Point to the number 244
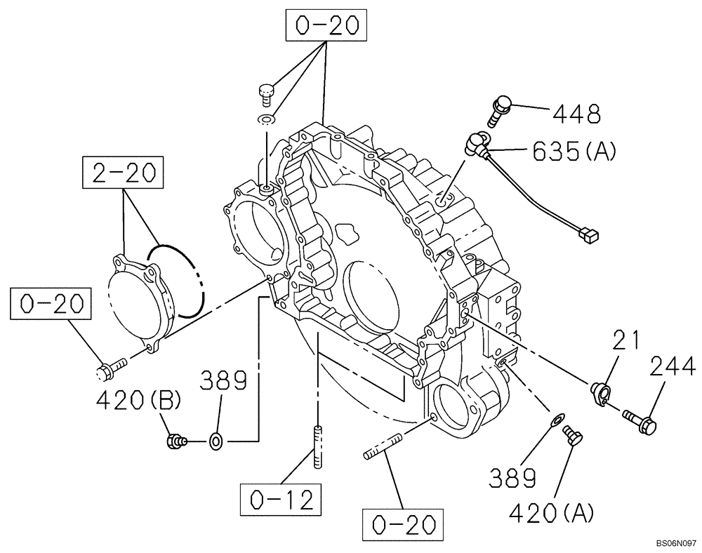click(672, 367)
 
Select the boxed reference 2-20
click(124, 173)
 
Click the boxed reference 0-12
click(281, 500)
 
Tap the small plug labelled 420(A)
click(572, 437)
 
